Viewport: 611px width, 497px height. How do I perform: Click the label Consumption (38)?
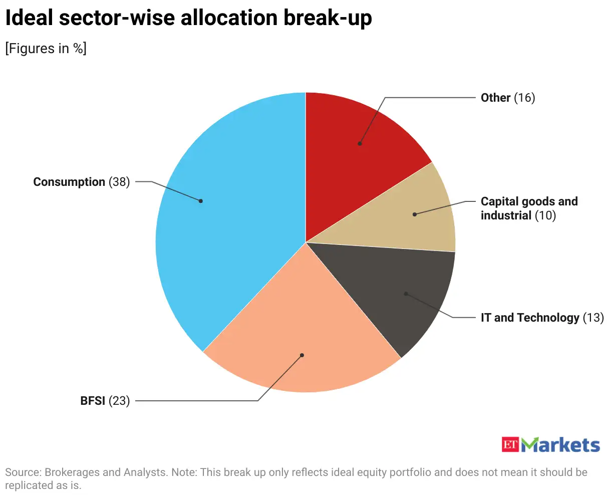[81, 182]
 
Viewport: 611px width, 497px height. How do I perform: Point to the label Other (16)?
[507, 98]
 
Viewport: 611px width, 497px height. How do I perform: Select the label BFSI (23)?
[105, 401]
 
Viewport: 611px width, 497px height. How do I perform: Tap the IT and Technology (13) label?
[542, 318]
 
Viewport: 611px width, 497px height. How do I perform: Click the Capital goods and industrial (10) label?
[528, 208]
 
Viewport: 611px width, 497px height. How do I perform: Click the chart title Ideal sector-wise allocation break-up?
[188, 18]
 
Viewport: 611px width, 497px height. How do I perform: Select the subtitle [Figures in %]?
[46, 49]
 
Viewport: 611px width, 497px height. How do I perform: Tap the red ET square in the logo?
[510, 444]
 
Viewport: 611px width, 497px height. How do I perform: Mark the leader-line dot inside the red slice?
[360, 144]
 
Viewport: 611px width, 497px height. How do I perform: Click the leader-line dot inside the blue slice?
[201, 201]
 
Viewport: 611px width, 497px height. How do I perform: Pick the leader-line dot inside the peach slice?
[302, 355]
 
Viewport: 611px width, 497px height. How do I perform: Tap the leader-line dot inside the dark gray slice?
[406, 294]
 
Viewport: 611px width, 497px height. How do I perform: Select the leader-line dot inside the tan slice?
[414, 214]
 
